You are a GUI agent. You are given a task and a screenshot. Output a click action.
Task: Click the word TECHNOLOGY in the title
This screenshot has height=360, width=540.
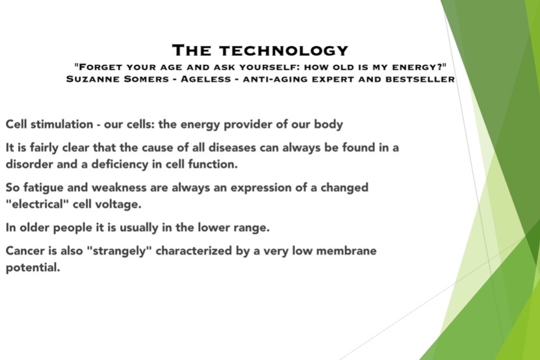[x=283, y=51]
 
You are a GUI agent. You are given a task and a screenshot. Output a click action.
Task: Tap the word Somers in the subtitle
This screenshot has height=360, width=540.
[x=146, y=79]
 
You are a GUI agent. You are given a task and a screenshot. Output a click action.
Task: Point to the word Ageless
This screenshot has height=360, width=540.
[x=205, y=79]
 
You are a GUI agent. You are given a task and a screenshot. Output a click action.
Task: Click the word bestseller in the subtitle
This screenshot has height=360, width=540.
[x=420, y=79]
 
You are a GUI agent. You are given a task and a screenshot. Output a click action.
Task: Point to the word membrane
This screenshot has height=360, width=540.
[x=346, y=250]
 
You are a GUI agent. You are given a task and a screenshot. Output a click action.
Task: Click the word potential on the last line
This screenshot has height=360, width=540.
[x=32, y=268]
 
